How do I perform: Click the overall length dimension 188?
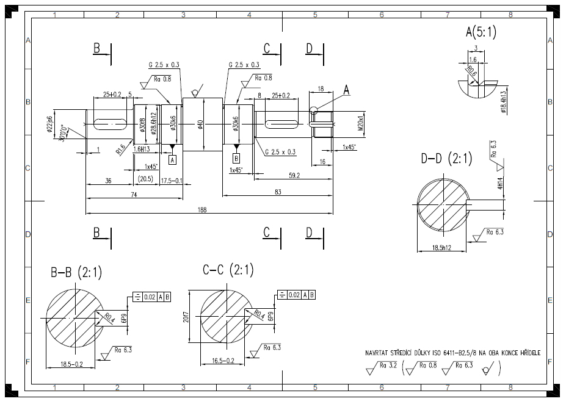(202, 210)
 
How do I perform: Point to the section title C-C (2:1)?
(228, 270)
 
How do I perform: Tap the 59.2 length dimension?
(294, 176)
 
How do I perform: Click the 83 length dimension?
(278, 192)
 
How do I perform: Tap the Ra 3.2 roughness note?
(388, 366)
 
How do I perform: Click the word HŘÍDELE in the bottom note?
(526, 353)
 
